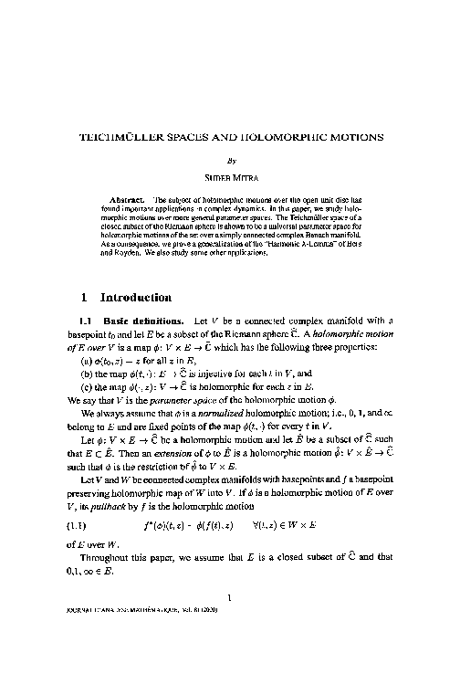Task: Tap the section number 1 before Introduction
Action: point(83,297)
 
